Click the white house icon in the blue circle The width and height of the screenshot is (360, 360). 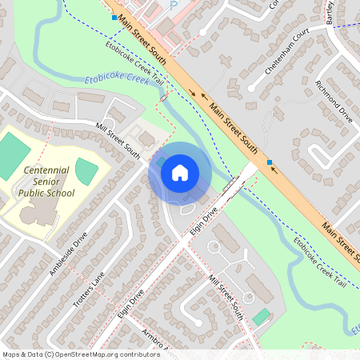[x=180, y=172]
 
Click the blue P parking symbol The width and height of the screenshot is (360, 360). [x=174, y=5]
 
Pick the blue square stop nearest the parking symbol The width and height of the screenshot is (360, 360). [x=114, y=17]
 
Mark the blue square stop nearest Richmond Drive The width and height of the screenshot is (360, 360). [x=270, y=162]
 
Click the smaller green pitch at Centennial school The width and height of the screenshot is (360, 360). [x=86, y=170]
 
